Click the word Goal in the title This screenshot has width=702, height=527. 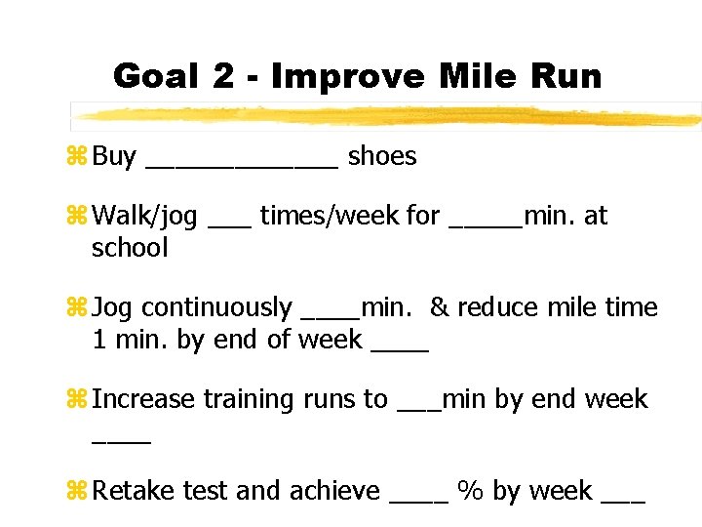coord(156,75)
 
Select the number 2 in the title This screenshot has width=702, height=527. coord(223,75)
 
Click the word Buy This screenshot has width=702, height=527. coord(114,156)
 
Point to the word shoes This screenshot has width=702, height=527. coord(382,156)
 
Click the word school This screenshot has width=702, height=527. coord(130,248)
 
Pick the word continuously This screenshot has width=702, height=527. coord(216,307)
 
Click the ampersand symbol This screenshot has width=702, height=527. coord(439,307)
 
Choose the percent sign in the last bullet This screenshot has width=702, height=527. coord(470,490)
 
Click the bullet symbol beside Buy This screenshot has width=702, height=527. coord(80,156)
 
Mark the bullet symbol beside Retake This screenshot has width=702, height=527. coord(80,490)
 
